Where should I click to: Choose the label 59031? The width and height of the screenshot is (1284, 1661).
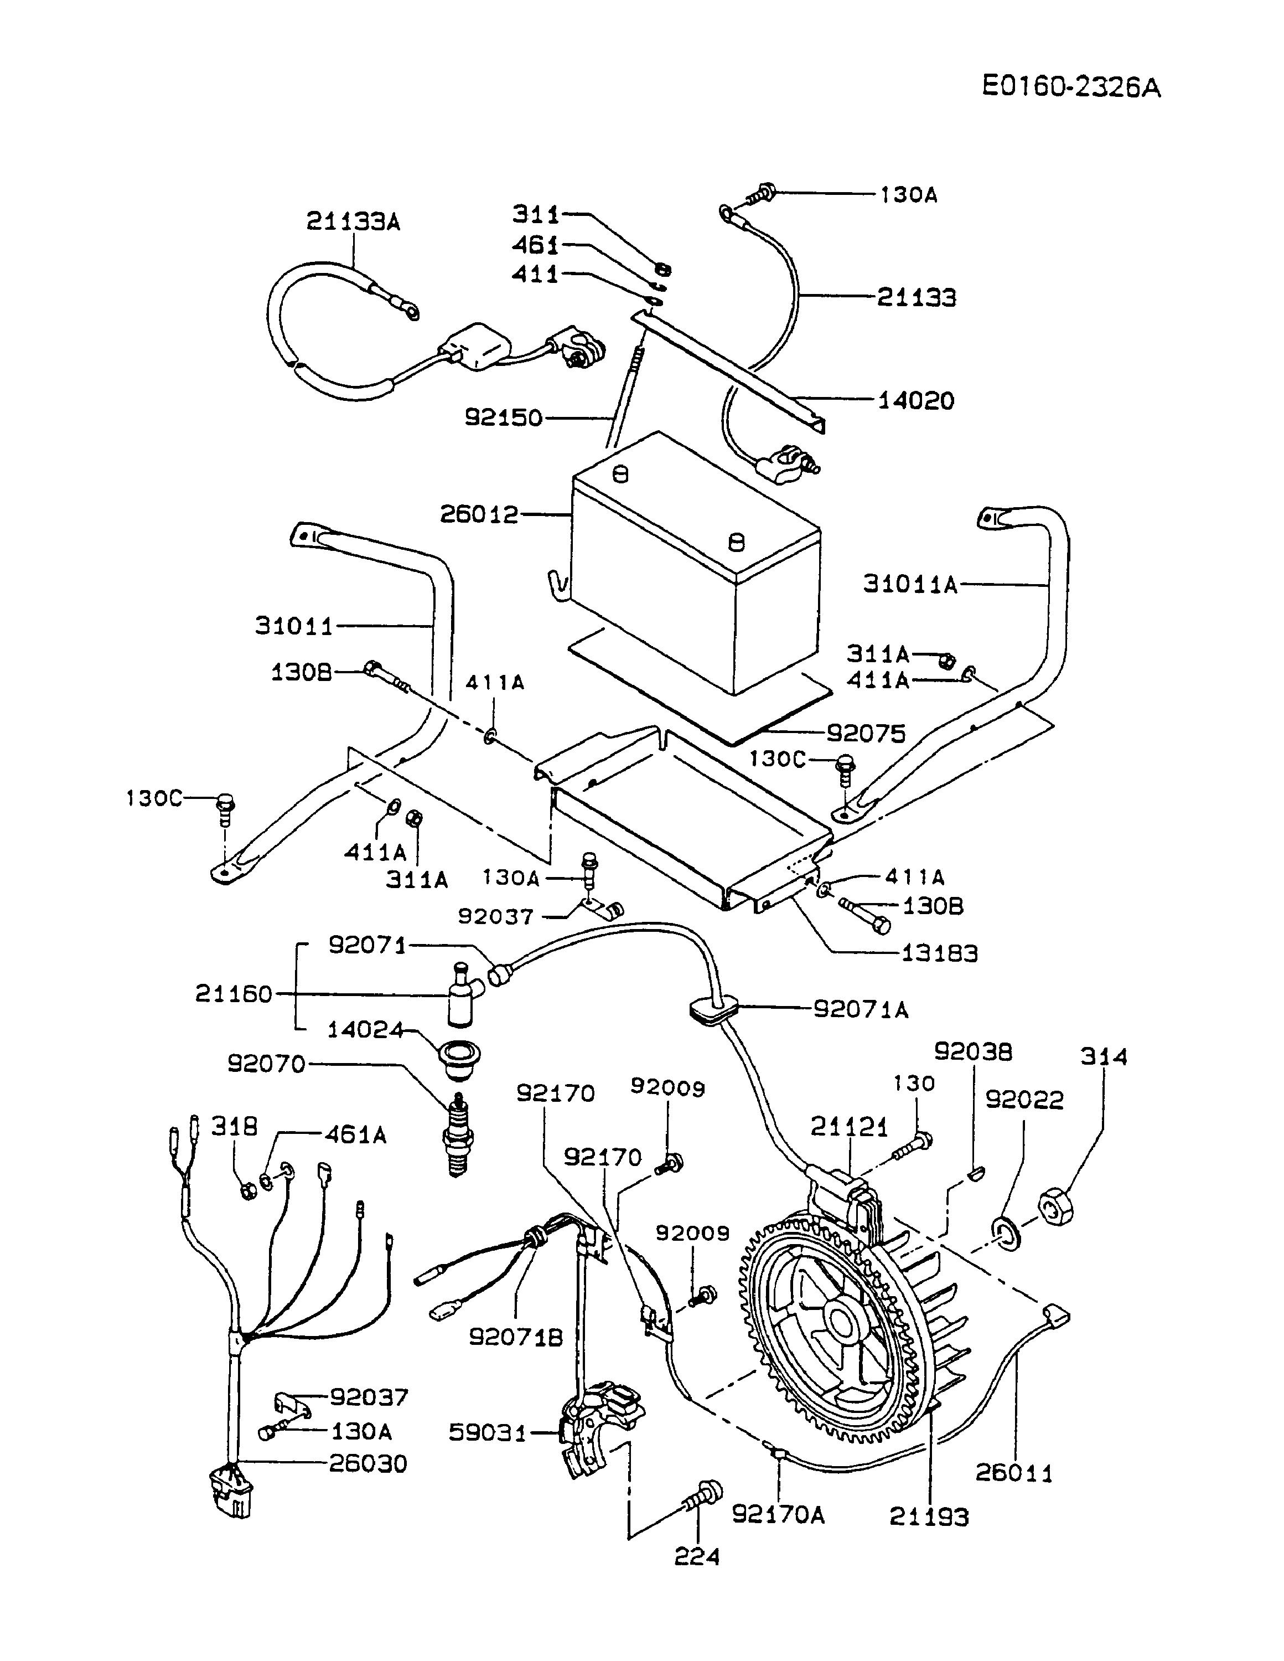pos(488,1433)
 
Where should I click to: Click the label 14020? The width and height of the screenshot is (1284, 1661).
pos(916,400)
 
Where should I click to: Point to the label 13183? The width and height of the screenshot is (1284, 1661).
pos(940,952)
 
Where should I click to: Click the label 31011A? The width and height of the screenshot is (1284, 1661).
pos(910,584)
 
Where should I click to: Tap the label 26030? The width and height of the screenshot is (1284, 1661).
pos(368,1463)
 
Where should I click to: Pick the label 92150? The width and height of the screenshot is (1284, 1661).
pos(504,417)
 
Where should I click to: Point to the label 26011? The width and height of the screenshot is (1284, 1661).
pos(1015,1473)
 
